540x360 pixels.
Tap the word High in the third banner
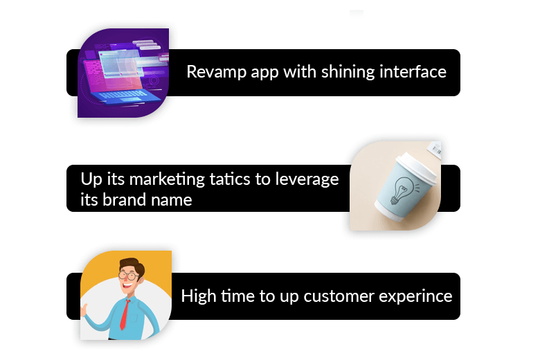pos(199,296)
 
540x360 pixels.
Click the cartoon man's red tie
pos(125,314)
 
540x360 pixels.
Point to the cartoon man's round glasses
pos(129,276)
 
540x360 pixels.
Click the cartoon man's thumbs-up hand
pos(84,309)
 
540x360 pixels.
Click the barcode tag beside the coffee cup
pos(435,150)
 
